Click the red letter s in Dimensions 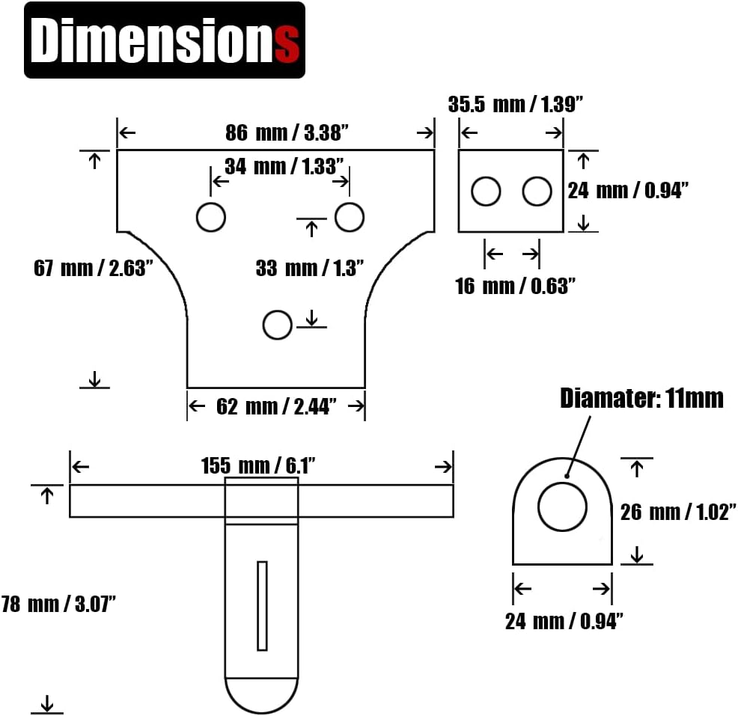tap(287, 44)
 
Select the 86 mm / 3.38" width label tap(288, 133)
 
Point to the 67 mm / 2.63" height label tap(94, 268)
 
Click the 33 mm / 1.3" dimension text tap(309, 268)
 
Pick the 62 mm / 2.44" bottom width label tap(276, 406)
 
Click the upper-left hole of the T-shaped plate tap(210, 217)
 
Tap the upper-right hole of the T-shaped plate tap(349, 217)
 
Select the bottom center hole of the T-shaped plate tap(277, 325)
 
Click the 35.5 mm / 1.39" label tap(516, 104)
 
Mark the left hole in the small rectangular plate tap(486, 192)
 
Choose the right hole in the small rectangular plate tap(537, 192)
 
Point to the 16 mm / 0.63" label tap(515, 286)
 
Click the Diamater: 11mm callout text tap(641, 399)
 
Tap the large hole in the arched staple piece tap(562, 507)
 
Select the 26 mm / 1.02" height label tap(679, 512)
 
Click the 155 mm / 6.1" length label tap(258, 466)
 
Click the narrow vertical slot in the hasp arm tap(262, 605)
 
